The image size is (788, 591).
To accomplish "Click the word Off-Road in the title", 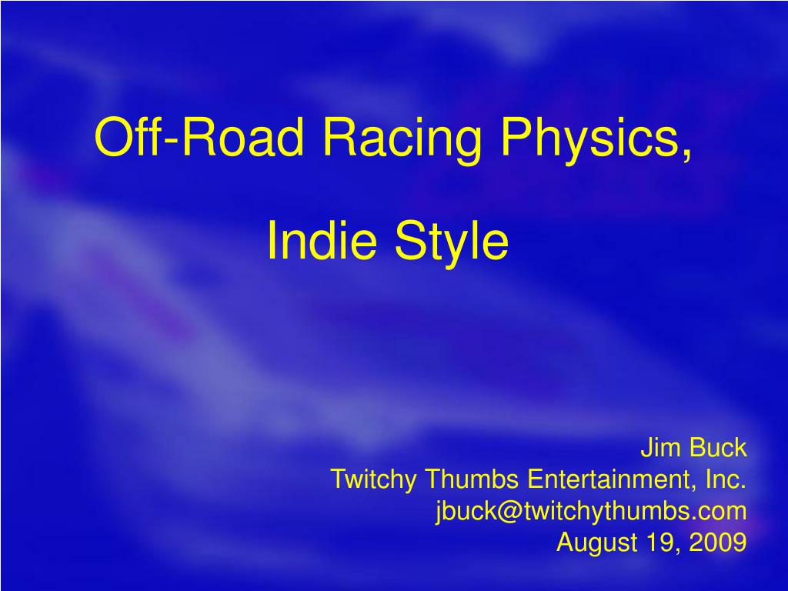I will (199, 138).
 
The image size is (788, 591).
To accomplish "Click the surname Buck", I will (718, 447).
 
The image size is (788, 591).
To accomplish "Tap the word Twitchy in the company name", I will (374, 479).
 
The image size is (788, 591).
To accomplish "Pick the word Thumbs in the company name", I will (472, 479).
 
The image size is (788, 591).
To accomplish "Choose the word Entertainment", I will (612, 479).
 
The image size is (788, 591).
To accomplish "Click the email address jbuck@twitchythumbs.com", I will (591, 511).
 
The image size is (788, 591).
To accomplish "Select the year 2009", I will (717, 543).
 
